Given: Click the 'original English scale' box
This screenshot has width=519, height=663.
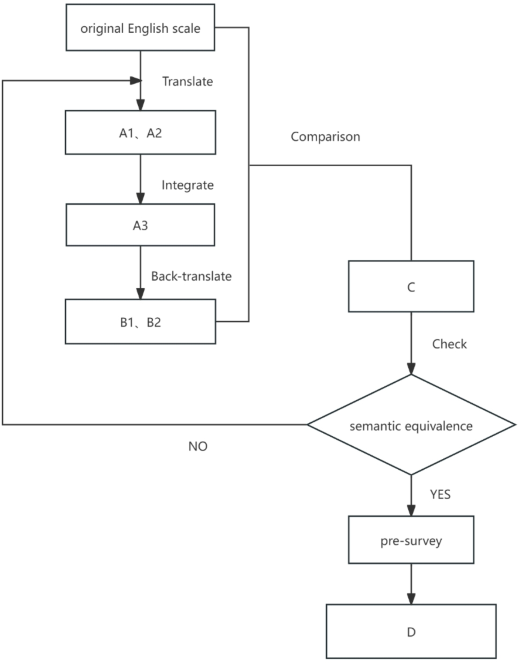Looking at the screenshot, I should [140, 27].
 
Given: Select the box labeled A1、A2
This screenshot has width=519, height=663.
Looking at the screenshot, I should [140, 133].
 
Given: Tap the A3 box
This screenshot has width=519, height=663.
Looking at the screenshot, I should [140, 225].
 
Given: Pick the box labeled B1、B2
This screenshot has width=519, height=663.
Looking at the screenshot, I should [140, 322].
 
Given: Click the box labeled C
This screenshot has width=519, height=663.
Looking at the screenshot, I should [411, 286].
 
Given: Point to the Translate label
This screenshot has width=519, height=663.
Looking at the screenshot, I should [188, 82].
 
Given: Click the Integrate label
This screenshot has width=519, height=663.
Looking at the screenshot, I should [188, 185].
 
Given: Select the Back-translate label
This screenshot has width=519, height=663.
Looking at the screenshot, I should [191, 276].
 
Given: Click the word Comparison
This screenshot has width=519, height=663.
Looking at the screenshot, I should [325, 137].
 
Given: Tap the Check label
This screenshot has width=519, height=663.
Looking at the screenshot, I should [449, 344].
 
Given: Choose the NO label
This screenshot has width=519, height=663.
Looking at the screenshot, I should [198, 446].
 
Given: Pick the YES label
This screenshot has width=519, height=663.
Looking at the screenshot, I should [440, 494].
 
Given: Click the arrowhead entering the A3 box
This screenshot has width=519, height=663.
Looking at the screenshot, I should [140, 199].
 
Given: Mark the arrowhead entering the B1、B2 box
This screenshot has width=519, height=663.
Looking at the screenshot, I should [140, 294].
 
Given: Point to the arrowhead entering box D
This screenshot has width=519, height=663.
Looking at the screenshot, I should [411, 599].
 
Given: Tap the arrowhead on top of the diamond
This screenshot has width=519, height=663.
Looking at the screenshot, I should [411, 369].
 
